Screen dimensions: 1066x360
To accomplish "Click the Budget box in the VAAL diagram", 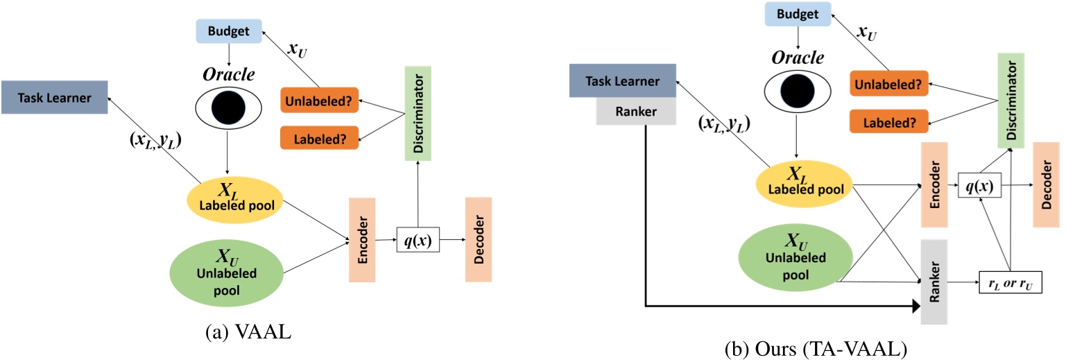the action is pyautogui.click(x=229, y=31).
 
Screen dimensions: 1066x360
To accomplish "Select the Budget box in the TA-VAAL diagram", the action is pyautogui.click(x=798, y=14).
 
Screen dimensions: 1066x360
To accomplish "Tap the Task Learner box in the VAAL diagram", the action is pyautogui.click(x=54, y=97).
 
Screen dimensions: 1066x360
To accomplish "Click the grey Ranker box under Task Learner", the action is pyautogui.click(x=636, y=111).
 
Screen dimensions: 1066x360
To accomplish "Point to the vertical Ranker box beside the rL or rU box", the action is pyautogui.click(x=934, y=282).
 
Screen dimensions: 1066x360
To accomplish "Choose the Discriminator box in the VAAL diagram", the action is pyautogui.click(x=418, y=113).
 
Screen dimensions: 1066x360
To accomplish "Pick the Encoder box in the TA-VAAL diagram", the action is pyautogui.click(x=934, y=185).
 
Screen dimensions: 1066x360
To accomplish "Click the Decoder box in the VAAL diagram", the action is pyautogui.click(x=479, y=239).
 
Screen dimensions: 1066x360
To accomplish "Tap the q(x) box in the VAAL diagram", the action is pyautogui.click(x=418, y=239).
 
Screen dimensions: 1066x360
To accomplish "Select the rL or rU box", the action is pyautogui.click(x=1011, y=282).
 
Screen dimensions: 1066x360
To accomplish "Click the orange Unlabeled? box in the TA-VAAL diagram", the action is pyautogui.click(x=889, y=84).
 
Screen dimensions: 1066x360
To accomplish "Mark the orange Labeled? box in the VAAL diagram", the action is pyautogui.click(x=319, y=138).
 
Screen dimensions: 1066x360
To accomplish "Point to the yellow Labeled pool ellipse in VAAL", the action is pyautogui.click(x=235, y=200).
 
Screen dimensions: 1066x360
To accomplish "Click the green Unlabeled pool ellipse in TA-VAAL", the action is pyautogui.click(x=796, y=257).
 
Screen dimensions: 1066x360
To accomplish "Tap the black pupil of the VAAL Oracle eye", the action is pyautogui.click(x=228, y=107).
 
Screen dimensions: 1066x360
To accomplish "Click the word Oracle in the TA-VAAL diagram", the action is pyautogui.click(x=798, y=58).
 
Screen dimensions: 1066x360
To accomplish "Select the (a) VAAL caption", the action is pyautogui.click(x=248, y=332).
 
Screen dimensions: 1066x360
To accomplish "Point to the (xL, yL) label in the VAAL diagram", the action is pyautogui.click(x=155, y=140).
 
